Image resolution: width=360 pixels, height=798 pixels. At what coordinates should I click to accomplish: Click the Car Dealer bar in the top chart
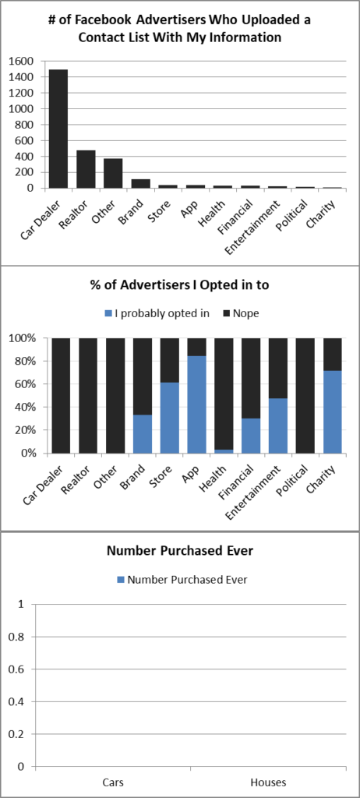tap(58, 129)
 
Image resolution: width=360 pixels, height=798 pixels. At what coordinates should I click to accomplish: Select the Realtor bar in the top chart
tap(86, 168)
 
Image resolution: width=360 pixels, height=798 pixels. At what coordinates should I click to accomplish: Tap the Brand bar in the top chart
tap(140, 184)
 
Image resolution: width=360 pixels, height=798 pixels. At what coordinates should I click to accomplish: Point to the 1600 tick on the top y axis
tap(22, 61)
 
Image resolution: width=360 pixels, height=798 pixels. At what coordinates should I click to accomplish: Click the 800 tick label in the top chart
tap(25, 125)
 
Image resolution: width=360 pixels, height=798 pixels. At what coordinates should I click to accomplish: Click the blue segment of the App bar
tap(196, 404)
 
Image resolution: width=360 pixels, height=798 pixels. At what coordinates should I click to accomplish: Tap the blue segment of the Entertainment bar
tap(278, 425)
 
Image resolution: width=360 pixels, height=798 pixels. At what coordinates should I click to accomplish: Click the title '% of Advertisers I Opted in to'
tap(180, 285)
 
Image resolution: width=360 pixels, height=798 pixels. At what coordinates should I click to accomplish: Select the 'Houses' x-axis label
tap(267, 782)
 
